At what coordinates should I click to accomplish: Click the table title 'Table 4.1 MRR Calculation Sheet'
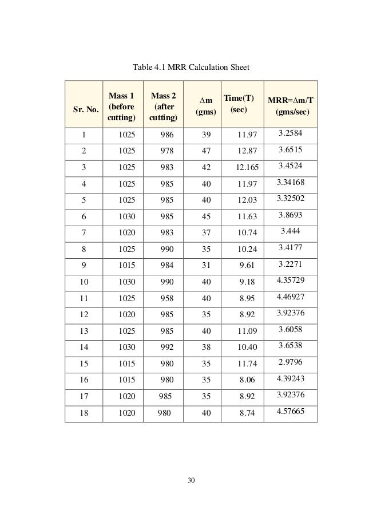[191, 68]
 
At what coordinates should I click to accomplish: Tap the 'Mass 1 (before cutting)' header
[122, 103]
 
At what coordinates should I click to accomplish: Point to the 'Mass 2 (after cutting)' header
[163, 103]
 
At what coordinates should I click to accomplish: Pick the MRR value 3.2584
[290, 133]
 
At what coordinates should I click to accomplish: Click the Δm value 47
[207, 151]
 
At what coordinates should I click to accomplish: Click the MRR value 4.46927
[290, 298]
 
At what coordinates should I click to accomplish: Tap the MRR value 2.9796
[290, 364]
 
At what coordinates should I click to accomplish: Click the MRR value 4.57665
[290, 413]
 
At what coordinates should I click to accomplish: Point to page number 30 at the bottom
[191, 480]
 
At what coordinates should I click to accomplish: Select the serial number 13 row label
[84, 332]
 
